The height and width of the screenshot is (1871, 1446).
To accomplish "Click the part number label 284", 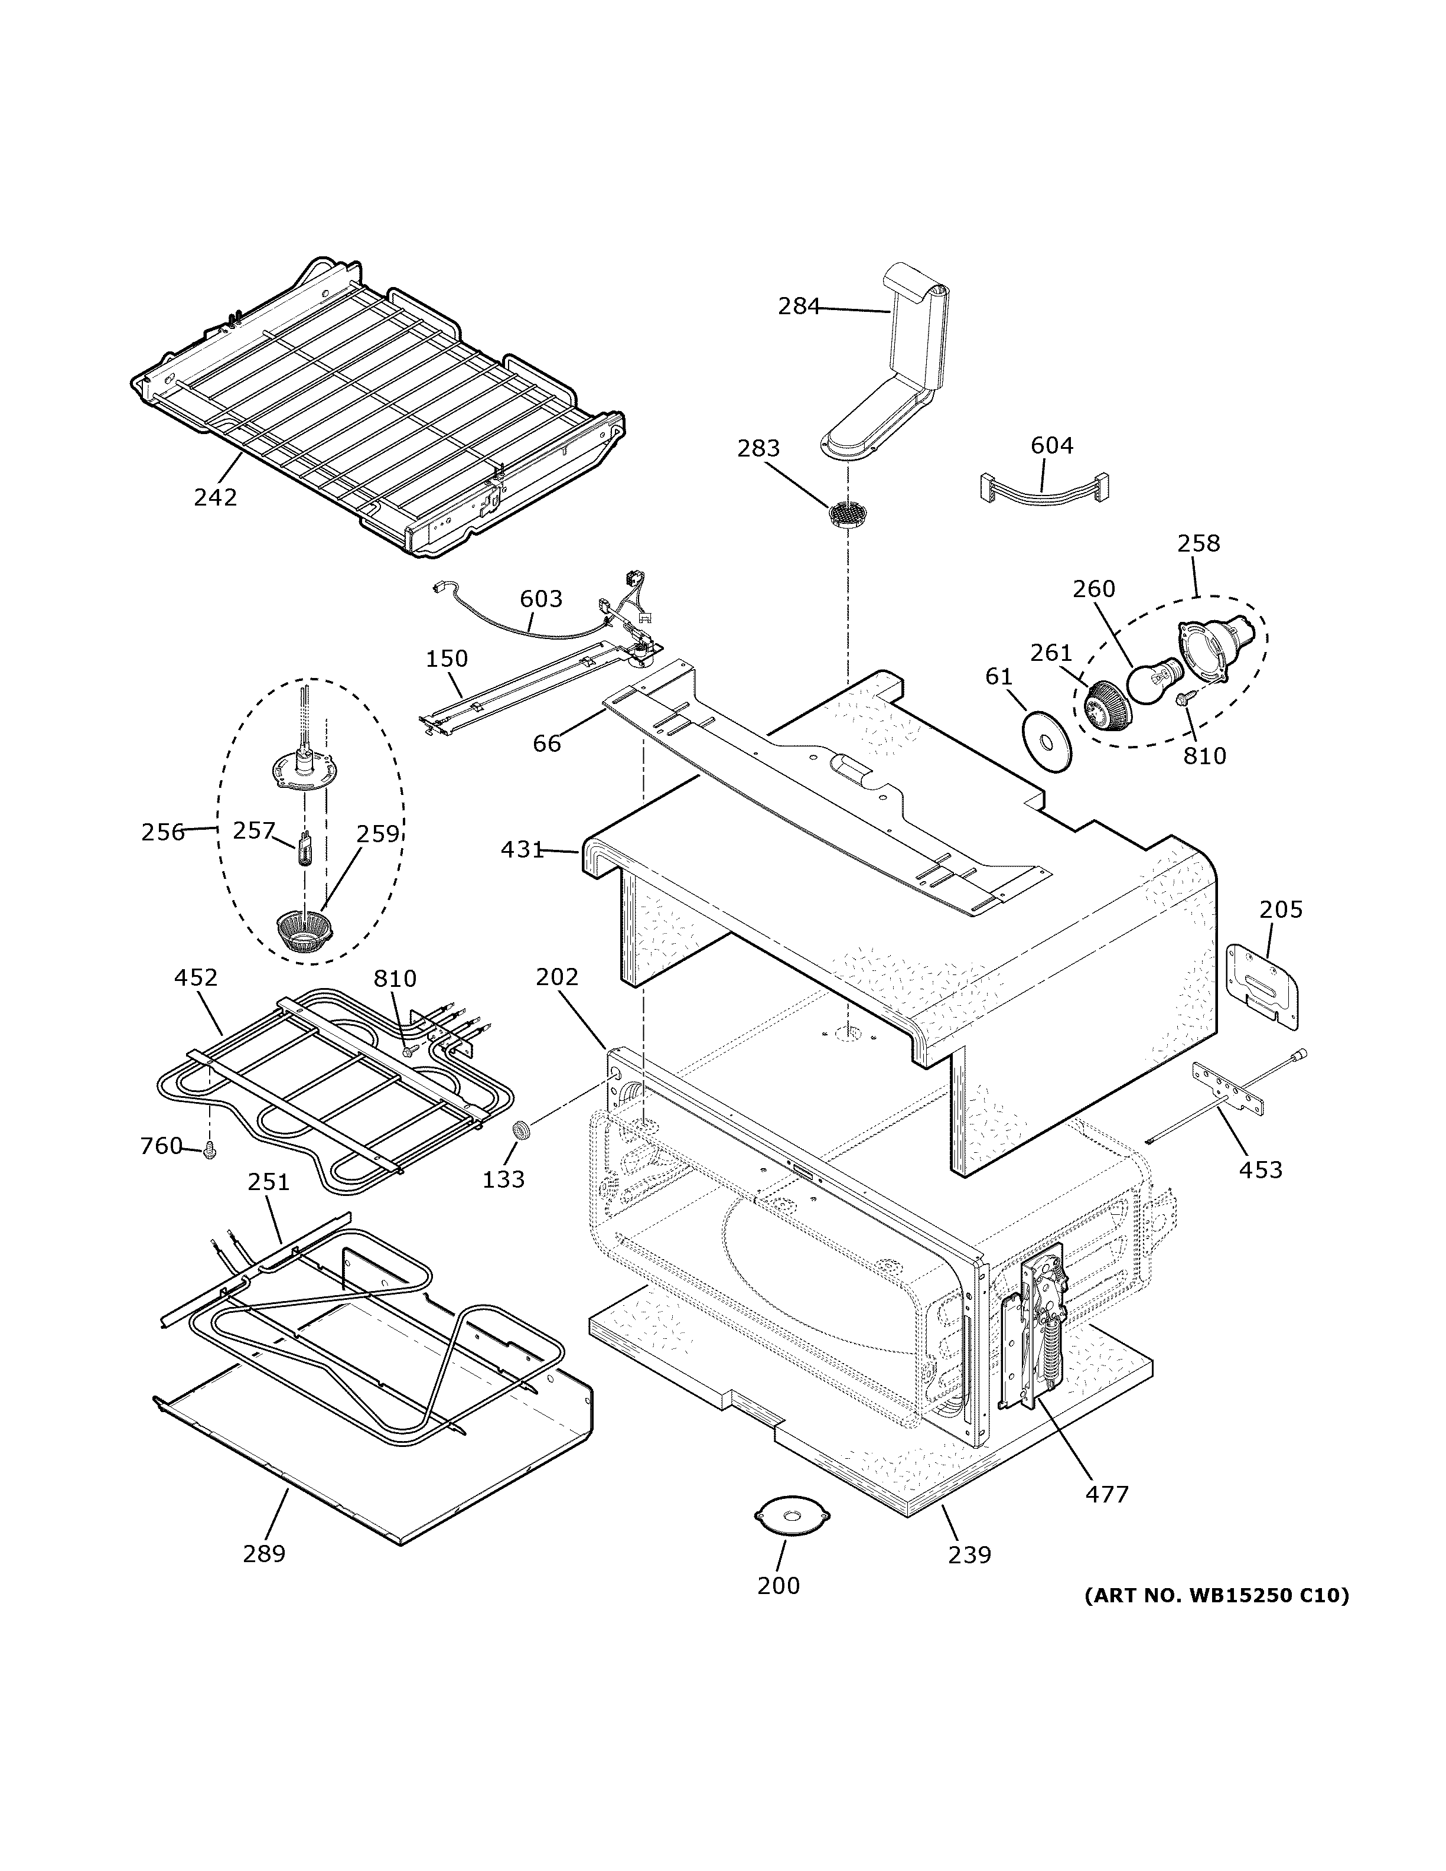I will pyautogui.click(x=799, y=306).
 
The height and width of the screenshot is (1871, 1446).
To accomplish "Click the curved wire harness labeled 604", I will pyautogui.click(x=1043, y=489).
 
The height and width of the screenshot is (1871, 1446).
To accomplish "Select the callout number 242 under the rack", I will pyautogui.click(x=215, y=497).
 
